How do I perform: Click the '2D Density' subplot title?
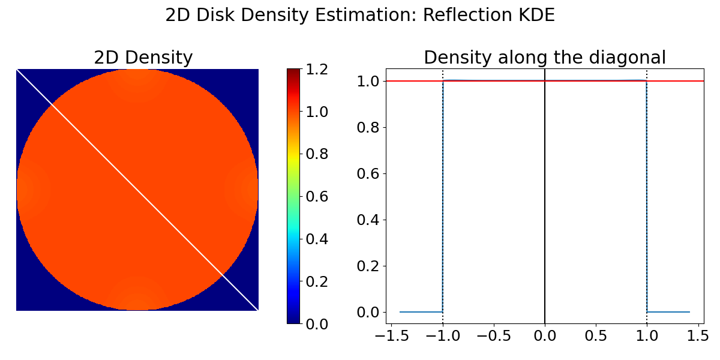pyautogui.click(x=143, y=58)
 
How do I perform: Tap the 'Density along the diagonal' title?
pyautogui.click(x=545, y=58)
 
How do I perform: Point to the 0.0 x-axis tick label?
pyautogui.click(x=545, y=336)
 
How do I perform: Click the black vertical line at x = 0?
pyautogui.click(x=545, y=198)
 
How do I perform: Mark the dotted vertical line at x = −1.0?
pyautogui.click(x=443, y=198)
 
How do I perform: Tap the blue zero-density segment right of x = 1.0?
pyautogui.click(x=669, y=312)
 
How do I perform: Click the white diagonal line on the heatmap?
pyautogui.click(x=137, y=190)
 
